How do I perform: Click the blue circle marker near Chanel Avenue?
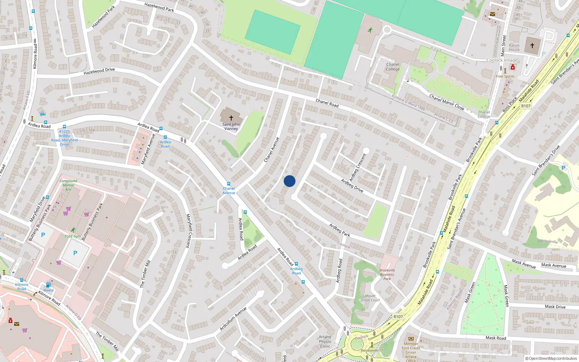pos(289,181)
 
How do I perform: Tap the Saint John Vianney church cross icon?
pos(231,118)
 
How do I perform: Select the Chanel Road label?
pos(327,103)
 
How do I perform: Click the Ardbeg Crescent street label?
pos(358,167)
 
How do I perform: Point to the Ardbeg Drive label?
pos(352,185)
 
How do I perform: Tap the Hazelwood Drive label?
pos(99,71)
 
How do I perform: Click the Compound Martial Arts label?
pos(68,185)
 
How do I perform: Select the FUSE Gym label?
pos(73,236)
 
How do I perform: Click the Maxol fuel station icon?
pos(48,285)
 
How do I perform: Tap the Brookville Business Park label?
pos(387,274)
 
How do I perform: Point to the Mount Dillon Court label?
pos(370,298)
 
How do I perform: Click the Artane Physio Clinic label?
pos(325,341)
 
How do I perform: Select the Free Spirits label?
pos(505,76)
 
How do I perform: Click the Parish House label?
pos(514,48)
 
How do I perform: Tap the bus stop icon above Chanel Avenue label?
pos(228,184)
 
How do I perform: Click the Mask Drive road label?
pos(555,307)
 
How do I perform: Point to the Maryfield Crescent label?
pos(188,231)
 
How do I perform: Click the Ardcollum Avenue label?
pos(233,319)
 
